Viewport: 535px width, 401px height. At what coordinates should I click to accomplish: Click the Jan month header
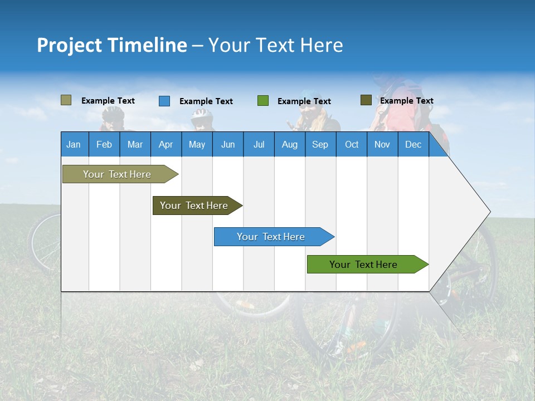(74, 144)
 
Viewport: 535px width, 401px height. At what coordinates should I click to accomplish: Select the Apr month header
(166, 144)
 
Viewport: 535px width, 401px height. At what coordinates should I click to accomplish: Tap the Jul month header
(259, 144)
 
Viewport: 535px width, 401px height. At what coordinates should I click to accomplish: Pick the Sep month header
(320, 144)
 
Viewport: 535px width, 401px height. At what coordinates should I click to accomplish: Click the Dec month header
(413, 144)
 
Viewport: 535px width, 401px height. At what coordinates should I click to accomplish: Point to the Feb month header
(104, 144)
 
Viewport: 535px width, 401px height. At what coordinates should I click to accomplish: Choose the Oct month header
(352, 144)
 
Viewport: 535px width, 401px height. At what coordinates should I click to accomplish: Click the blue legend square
(164, 101)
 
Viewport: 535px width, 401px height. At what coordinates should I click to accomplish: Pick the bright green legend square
(263, 101)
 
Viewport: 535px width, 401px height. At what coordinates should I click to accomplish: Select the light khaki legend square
(66, 100)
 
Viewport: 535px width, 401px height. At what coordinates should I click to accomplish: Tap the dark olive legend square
(366, 100)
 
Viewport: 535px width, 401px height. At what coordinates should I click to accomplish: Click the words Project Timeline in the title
(111, 45)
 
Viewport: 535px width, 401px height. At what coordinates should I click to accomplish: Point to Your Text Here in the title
(275, 45)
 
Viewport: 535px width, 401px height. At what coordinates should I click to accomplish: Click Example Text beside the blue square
(206, 101)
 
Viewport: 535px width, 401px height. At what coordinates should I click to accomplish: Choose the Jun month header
(228, 144)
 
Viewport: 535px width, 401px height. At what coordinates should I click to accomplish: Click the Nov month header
(382, 144)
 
